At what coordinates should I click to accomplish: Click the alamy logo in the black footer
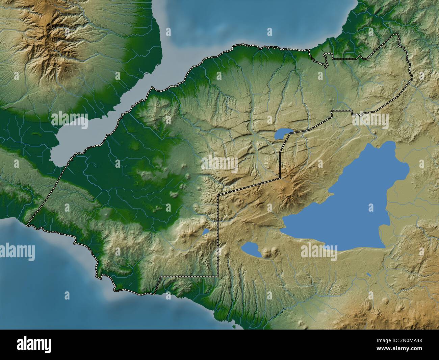34,345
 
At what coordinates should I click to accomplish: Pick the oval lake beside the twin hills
250,249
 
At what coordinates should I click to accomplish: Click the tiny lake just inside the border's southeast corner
205,232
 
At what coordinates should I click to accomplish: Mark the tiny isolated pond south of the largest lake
369,275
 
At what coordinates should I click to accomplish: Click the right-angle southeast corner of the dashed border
218,276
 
